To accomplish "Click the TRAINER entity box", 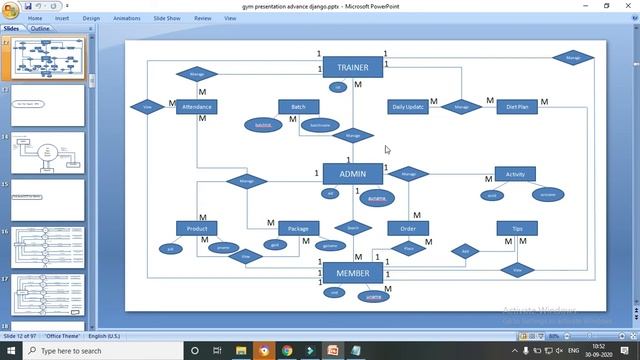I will (352, 68).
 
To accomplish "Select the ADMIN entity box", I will (352, 174).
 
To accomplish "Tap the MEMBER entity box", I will (352, 273).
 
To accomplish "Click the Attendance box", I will (196, 107).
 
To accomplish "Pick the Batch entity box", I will (298, 107).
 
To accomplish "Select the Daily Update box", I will (408, 107).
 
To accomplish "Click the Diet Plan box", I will (517, 107).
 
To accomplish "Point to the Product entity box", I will (196, 229).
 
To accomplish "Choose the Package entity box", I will (298, 229).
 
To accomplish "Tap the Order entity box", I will (408, 229).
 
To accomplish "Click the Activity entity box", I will (515, 174).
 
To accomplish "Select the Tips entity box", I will (517, 229).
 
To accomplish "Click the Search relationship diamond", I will (352, 228).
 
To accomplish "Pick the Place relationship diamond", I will (408, 248).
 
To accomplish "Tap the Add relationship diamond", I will (465, 252).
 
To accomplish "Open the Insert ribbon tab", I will (62, 18).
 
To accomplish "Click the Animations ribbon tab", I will (127, 18).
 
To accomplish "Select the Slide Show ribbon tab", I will (166, 18).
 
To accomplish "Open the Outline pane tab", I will (40, 28).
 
